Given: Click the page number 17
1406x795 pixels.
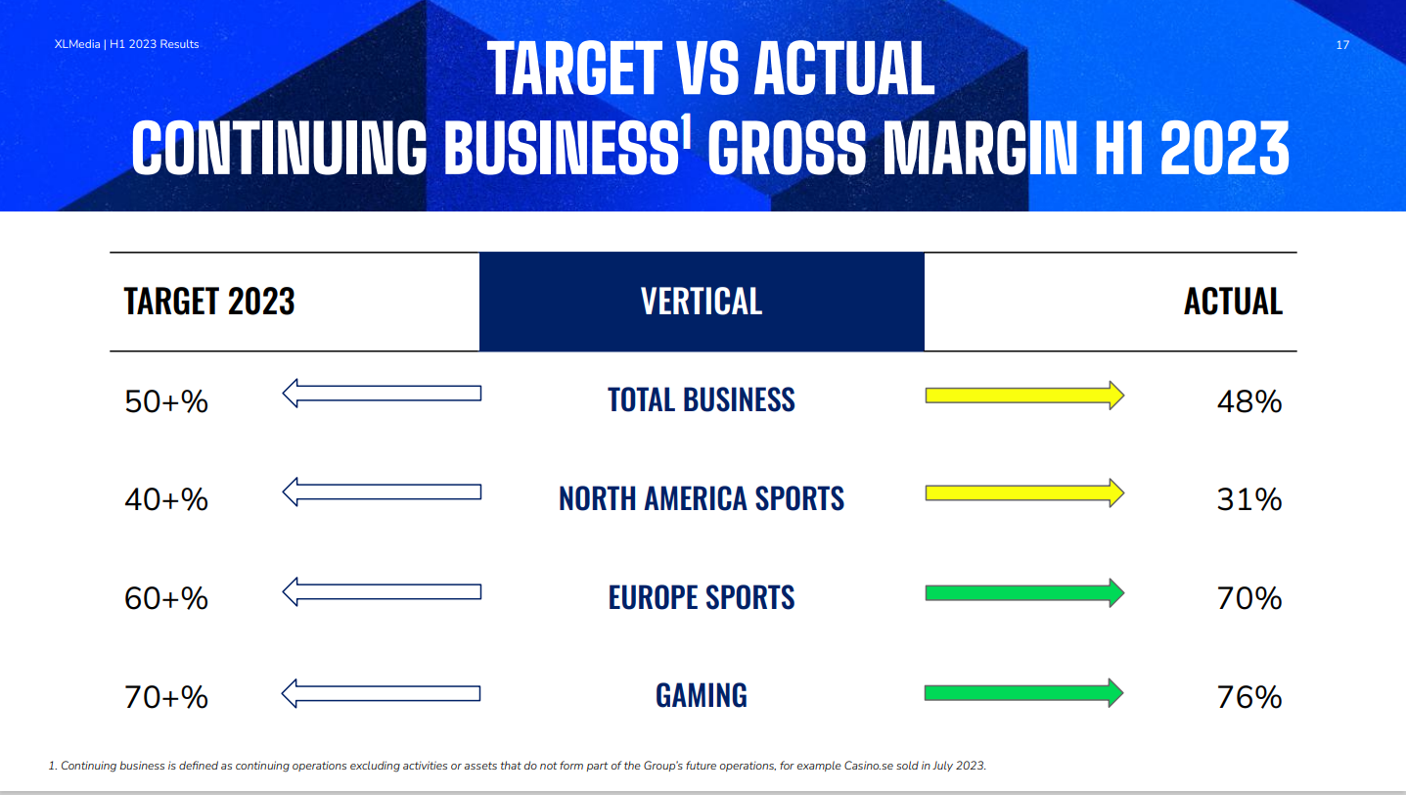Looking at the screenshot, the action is tap(1342, 45).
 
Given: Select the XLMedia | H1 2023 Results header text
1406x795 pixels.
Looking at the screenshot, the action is tap(126, 44).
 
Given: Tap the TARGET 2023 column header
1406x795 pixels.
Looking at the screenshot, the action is tap(209, 302).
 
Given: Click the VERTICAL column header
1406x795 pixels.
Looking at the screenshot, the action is tap(702, 302).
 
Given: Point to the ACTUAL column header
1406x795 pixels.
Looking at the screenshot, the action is tap(1233, 302).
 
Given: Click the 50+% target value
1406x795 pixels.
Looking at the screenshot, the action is tap(166, 401).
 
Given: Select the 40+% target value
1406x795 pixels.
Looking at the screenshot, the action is tap(166, 500).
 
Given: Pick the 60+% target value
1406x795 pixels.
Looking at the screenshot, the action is tap(166, 598).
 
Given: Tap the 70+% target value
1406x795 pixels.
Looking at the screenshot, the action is tap(166, 697).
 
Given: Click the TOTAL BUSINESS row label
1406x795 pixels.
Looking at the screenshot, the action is tap(702, 400).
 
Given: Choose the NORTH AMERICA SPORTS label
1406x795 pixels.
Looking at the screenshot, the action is tap(702, 498).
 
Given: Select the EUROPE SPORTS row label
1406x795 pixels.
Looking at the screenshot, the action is tap(702, 597).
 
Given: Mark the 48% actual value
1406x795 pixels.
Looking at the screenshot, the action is tap(1249, 401).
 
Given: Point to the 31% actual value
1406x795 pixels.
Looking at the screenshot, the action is tap(1249, 500).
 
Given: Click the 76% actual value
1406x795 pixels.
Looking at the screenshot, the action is tap(1249, 697).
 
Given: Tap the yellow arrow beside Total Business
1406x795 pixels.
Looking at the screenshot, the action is tap(1024, 396).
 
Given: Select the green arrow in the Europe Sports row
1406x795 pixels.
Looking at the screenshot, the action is tap(1024, 592).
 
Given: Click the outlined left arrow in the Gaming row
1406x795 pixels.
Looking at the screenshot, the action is tap(381, 693).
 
